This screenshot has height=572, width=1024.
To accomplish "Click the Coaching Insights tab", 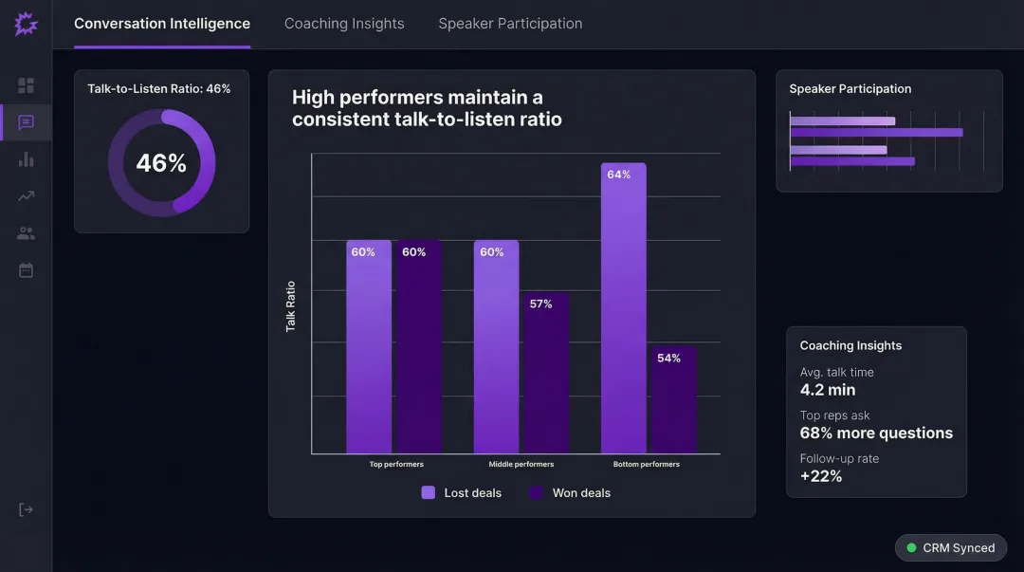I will point(344,24).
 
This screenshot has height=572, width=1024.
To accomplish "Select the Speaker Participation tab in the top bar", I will point(510,24).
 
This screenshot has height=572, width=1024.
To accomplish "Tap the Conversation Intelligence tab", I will point(162,24).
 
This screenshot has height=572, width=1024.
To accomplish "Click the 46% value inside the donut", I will point(161,163).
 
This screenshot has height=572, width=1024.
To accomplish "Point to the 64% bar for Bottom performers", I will point(623,308).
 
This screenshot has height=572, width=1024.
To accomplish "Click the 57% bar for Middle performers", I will point(546,372).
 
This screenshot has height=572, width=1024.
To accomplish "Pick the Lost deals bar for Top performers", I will point(368,346).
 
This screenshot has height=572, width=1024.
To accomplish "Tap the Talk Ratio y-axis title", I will point(291,306).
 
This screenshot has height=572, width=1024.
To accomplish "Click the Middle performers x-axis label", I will point(521,465).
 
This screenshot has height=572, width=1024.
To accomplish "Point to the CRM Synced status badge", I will point(950,548).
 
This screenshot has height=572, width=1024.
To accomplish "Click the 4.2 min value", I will point(828,390).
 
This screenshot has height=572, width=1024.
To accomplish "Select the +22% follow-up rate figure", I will point(821,476).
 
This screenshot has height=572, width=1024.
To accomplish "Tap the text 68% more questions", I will point(876,434).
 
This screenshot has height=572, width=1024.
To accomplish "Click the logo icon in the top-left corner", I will point(26,24).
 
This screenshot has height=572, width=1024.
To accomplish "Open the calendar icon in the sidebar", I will point(26,270).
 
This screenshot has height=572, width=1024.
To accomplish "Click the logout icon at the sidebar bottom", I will point(26,509).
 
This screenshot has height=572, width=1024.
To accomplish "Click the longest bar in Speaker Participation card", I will point(876,133).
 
